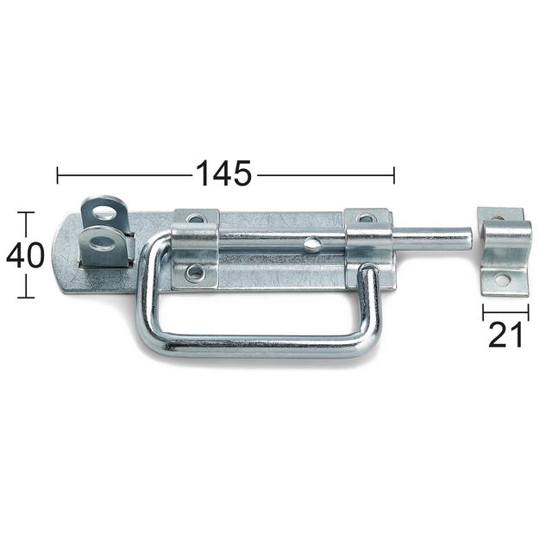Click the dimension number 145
(x=223, y=173)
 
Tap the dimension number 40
(x=26, y=255)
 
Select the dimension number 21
(x=505, y=333)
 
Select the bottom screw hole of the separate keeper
(x=498, y=279)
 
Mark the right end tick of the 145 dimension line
(x=393, y=175)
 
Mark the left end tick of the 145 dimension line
(x=57, y=175)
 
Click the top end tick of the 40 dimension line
(x=26, y=212)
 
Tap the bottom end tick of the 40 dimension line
(x=26, y=298)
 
